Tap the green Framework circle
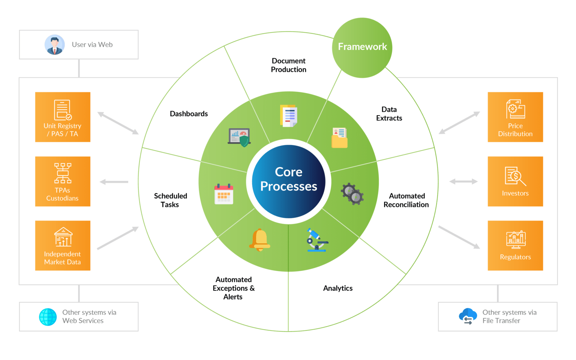pyautogui.click(x=362, y=48)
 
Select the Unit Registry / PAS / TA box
pyautogui.click(x=63, y=117)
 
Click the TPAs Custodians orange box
pyautogui.click(x=63, y=181)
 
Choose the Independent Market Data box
pyautogui.click(x=63, y=246)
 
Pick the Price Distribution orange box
pyautogui.click(x=515, y=117)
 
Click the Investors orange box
pyautogui.click(x=515, y=181)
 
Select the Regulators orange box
pyautogui.click(x=515, y=246)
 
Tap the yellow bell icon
pyautogui.click(x=259, y=240)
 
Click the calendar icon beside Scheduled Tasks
pyautogui.click(x=224, y=194)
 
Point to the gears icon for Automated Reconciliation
pyautogui.click(x=352, y=193)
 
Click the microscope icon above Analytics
pyautogui.click(x=316, y=240)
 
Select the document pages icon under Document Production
pyautogui.click(x=288, y=116)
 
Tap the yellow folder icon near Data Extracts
pyautogui.click(x=339, y=138)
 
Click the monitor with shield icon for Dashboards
pyautogui.click(x=239, y=137)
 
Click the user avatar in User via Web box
pyautogui.click(x=55, y=45)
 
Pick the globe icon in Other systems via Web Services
pyautogui.click(x=48, y=317)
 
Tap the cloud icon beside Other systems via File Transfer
pyautogui.click(x=468, y=316)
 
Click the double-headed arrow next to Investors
pyautogui.click(x=463, y=182)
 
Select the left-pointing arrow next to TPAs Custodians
pyautogui.click(x=114, y=182)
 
